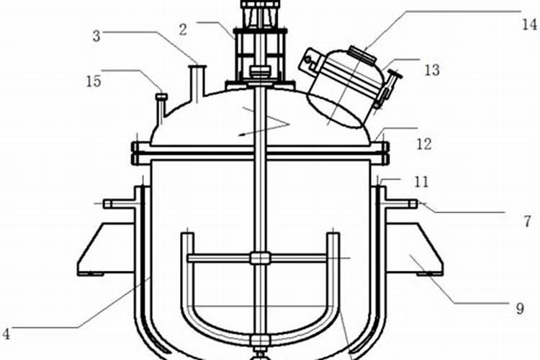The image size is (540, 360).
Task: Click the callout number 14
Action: click(x=530, y=24)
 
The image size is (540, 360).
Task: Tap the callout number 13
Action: click(x=432, y=70)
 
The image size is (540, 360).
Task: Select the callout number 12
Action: click(x=424, y=144)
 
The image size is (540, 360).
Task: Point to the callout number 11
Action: click(x=421, y=181)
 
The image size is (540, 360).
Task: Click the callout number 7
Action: click(x=527, y=221)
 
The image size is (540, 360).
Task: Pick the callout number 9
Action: click(x=520, y=308)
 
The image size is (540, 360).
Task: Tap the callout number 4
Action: click(x=6, y=334)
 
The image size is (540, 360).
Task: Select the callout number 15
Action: click(x=94, y=81)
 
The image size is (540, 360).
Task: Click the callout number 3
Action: click(x=96, y=36)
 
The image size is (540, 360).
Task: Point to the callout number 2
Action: click(x=183, y=30)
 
